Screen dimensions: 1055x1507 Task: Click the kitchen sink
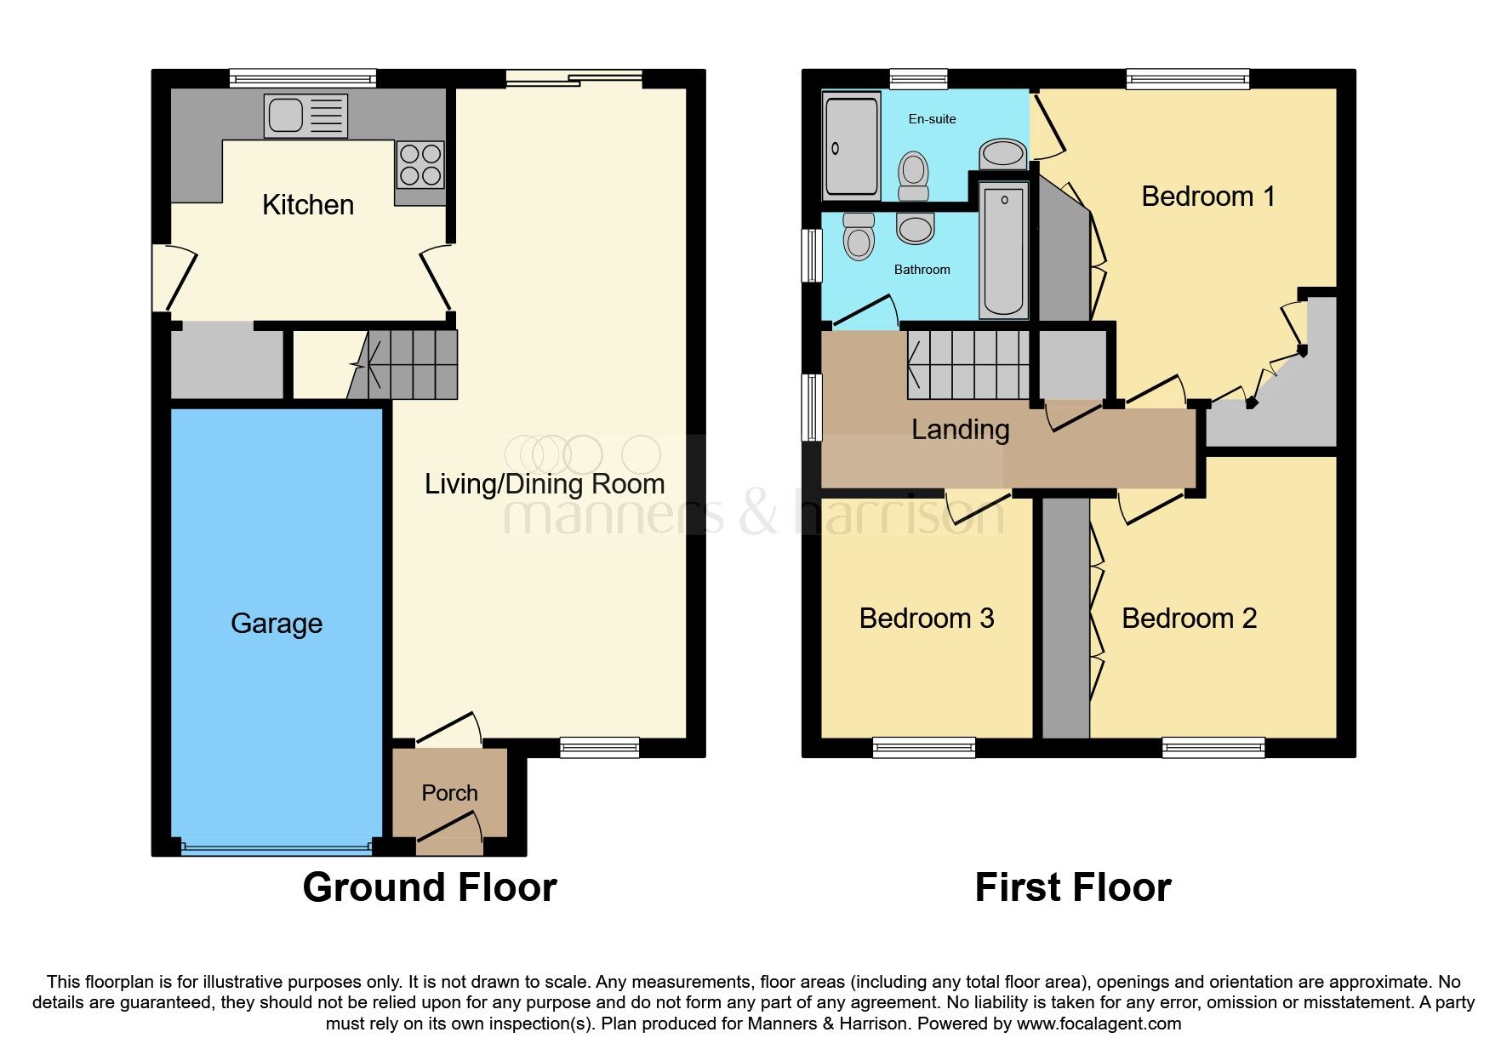pos(305,116)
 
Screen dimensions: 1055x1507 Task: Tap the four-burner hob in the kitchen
pos(420,164)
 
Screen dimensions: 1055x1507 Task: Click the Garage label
pos(277,624)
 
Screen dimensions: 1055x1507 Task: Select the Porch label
pos(449,793)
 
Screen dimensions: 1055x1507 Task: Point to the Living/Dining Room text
pos(545,484)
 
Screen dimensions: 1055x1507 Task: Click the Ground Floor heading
pos(430,887)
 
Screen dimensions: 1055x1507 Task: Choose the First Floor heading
pos(1072,887)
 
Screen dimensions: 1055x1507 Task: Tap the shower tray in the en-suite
pos(851,146)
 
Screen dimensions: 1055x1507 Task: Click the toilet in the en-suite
pos(913,174)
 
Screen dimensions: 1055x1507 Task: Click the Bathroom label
pos(922,270)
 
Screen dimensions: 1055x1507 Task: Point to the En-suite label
pos(932,119)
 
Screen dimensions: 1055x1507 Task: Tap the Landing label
pos(960,430)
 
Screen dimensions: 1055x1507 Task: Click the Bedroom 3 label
pos(927,619)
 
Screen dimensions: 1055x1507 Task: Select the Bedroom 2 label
pos(1189,619)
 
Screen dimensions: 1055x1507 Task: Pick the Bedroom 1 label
pos(1207,197)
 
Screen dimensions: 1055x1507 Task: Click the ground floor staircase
pos(408,364)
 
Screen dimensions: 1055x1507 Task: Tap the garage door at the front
pos(277,847)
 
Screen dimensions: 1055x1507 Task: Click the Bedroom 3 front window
pos(923,748)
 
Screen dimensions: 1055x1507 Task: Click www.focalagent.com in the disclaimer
pos(1099,1024)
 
